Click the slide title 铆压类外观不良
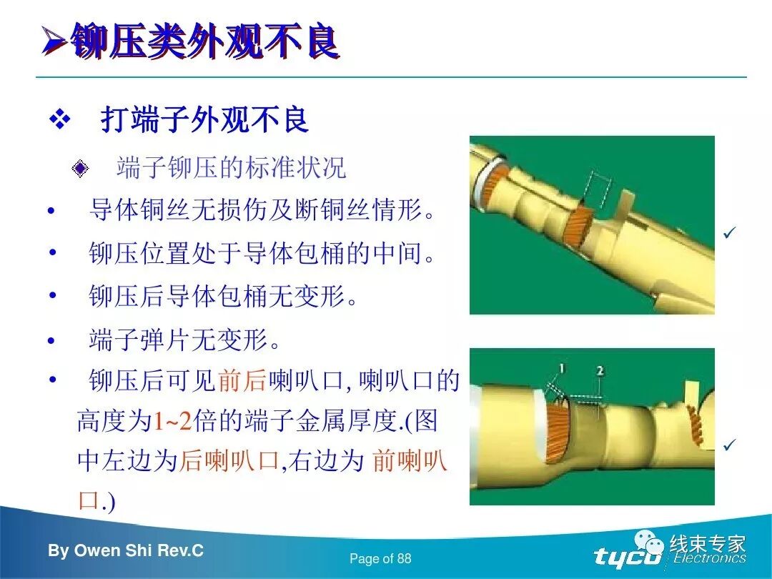pos(204,41)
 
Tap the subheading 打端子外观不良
pos(204,119)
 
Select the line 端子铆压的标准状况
pos(231,168)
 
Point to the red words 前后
pos(242,381)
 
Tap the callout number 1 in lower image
pos(562,369)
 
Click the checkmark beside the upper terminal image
pos(730,233)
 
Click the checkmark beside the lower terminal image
pos(730,445)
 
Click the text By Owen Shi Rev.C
pos(126,551)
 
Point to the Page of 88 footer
pos(380,559)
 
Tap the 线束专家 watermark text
pos(708,543)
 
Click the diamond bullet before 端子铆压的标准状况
pos(80,169)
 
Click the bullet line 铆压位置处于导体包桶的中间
pos(262,254)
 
